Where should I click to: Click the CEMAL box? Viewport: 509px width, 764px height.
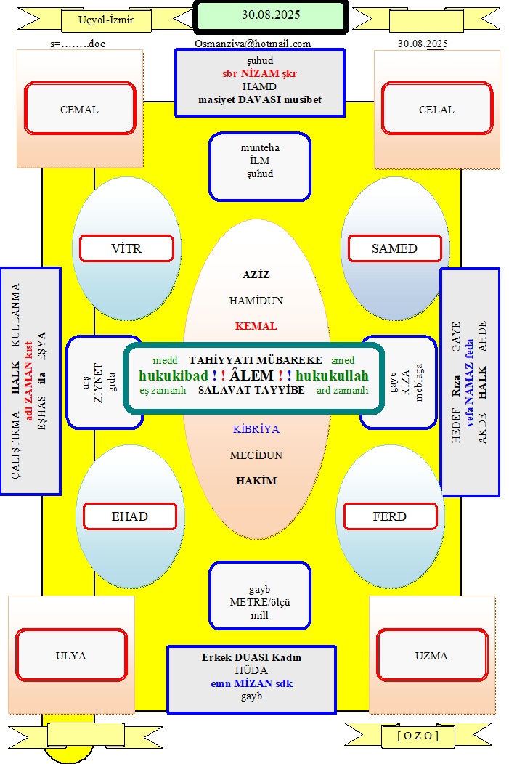click(80, 108)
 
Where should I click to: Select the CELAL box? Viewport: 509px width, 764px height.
click(437, 108)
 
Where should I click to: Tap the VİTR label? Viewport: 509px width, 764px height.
click(126, 248)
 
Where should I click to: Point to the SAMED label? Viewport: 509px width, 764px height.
click(395, 248)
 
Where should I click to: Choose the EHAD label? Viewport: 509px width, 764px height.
click(129, 516)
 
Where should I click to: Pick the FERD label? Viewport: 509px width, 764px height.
click(390, 516)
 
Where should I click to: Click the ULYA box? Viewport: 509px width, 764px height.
click(71, 655)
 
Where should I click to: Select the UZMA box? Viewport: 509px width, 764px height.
click(432, 655)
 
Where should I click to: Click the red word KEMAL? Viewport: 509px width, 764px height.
click(256, 326)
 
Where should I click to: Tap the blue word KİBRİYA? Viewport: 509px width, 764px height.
click(256, 429)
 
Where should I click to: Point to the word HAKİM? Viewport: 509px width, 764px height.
click(256, 481)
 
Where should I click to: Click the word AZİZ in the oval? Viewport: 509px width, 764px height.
click(256, 275)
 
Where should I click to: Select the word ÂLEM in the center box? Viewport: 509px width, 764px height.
click(252, 375)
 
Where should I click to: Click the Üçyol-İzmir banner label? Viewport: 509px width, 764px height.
click(106, 20)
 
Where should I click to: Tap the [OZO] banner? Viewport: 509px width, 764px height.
click(418, 736)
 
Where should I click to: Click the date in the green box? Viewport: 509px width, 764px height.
click(272, 15)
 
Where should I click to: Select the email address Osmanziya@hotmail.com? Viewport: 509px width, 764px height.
click(253, 44)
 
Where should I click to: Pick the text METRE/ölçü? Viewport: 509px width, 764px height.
click(260, 602)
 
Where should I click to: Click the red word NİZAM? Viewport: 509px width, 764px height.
click(260, 73)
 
